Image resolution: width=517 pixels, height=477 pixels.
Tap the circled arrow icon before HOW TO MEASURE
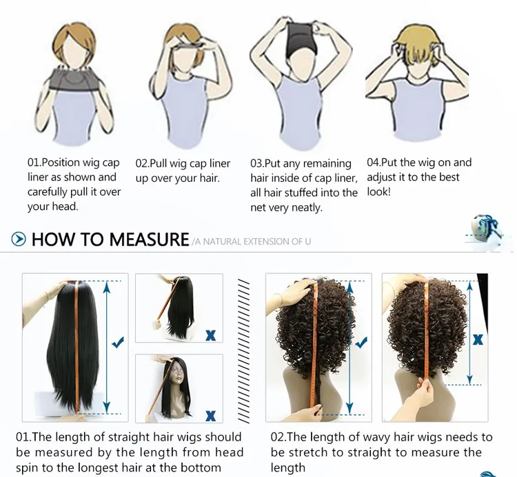(19, 240)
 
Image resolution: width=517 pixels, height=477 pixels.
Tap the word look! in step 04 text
(378, 192)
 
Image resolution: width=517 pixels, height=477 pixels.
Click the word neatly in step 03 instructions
(307, 207)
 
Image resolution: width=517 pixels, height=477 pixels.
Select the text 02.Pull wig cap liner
(183, 164)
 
